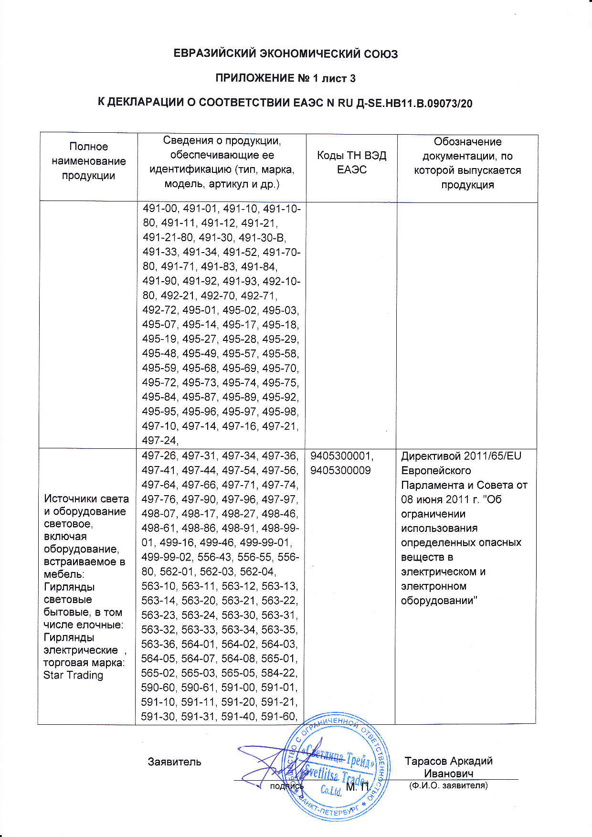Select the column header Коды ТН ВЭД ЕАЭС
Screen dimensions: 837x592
(x=351, y=162)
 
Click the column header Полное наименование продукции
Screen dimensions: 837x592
(x=89, y=161)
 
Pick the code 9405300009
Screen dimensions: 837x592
(x=340, y=471)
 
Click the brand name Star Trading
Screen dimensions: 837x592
(x=73, y=675)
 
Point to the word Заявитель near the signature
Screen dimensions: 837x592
(x=174, y=762)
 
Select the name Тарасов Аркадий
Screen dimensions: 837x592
(x=448, y=761)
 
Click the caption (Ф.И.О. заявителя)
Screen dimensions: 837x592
(x=448, y=785)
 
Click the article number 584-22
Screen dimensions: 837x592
(x=280, y=674)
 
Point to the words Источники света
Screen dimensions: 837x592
(x=86, y=499)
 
